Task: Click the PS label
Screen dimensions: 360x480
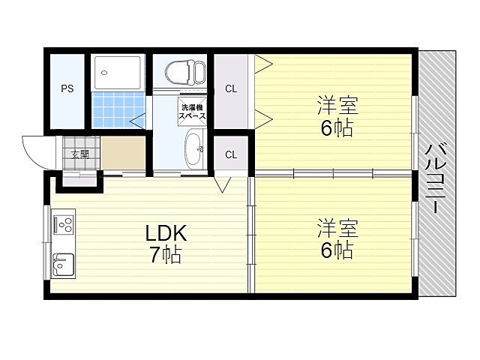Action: [x=67, y=88]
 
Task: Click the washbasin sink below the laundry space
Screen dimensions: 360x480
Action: [x=193, y=148]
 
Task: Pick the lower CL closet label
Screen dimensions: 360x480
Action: [x=232, y=154]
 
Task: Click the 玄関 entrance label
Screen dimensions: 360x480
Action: [x=79, y=155]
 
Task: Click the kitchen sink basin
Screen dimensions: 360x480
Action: [x=63, y=265]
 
